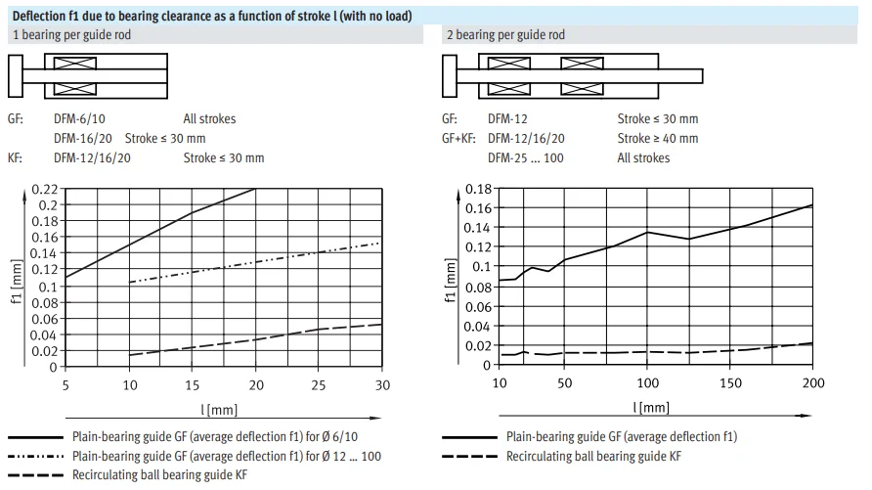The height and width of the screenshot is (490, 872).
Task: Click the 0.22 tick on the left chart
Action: [44, 189]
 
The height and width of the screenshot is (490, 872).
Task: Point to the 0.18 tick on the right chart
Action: [475, 188]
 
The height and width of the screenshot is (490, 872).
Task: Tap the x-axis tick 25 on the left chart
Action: [319, 384]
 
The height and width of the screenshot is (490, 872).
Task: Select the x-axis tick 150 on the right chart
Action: [729, 382]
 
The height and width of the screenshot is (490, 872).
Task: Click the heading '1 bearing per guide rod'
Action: [72, 35]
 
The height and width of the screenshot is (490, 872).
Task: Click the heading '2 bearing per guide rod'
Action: [505, 35]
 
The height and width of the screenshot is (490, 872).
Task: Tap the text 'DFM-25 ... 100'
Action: [525, 158]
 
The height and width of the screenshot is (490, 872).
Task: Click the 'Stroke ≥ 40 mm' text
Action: [657, 139]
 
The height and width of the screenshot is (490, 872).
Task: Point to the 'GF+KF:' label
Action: [458, 139]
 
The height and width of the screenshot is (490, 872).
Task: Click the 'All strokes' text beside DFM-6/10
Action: [209, 119]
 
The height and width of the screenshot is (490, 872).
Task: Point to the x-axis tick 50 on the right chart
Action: [564, 382]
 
